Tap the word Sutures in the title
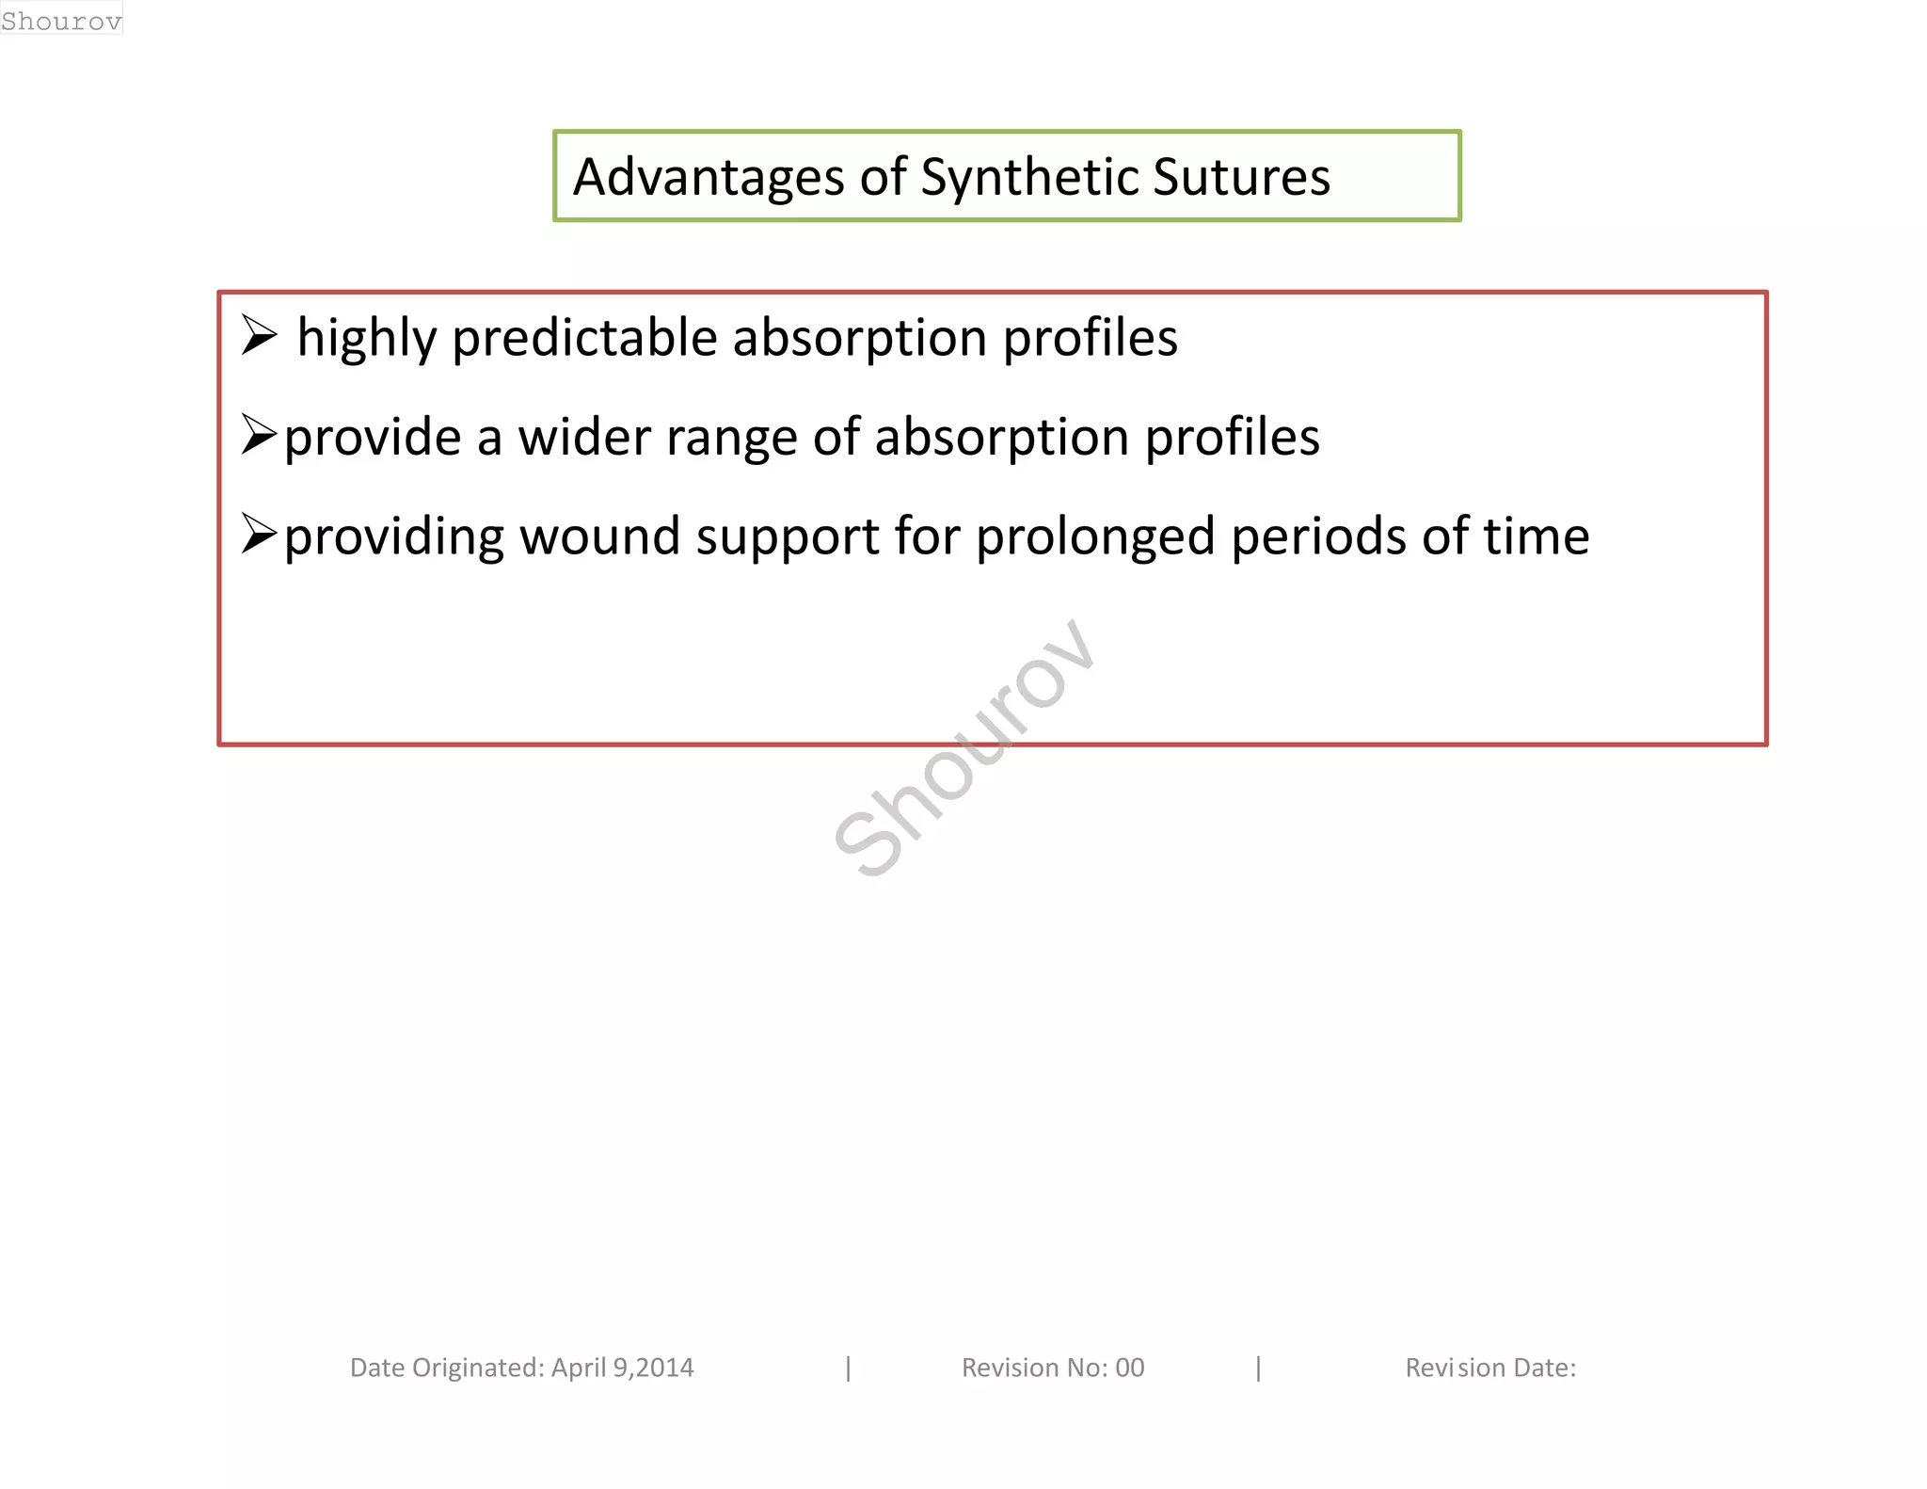point(1241,177)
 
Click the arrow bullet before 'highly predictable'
point(259,335)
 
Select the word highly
point(367,339)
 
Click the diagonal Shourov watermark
point(963,748)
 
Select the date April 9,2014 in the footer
point(622,1368)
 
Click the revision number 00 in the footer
point(1129,1368)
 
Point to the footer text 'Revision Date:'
point(1489,1368)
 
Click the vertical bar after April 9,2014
point(849,1368)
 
